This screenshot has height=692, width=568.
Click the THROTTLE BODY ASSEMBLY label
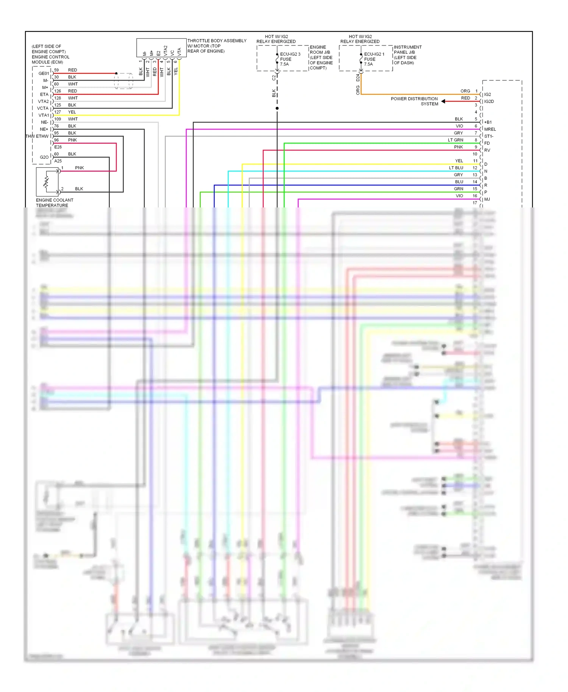[217, 41]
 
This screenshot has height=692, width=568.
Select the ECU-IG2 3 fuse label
[290, 54]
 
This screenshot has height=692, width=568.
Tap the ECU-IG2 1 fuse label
[374, 54]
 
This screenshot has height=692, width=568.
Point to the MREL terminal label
[490, 129]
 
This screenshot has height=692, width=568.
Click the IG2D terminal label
[489, 101]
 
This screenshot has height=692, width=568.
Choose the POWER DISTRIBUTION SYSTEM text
[414, 101]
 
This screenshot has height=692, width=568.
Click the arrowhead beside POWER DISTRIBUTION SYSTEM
[443, 101]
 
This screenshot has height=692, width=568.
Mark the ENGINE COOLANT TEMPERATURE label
[55, 203]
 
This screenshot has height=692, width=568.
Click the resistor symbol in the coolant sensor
[47, 181]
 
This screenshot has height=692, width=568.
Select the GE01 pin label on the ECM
[44, 73]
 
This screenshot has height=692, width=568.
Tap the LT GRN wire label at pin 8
[455, 140]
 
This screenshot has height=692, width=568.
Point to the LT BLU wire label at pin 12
[456, 168]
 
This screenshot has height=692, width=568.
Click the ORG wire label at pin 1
[465, 91]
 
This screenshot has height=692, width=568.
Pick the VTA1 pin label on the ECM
[44, 115]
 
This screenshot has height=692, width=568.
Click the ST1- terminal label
[488, 136]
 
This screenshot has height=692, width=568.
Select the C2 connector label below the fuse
[273, 78]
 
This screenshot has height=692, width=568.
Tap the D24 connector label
[358, 78]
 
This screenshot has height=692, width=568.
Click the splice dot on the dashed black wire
[277, 108]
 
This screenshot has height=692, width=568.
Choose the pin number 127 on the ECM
[58, 112]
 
